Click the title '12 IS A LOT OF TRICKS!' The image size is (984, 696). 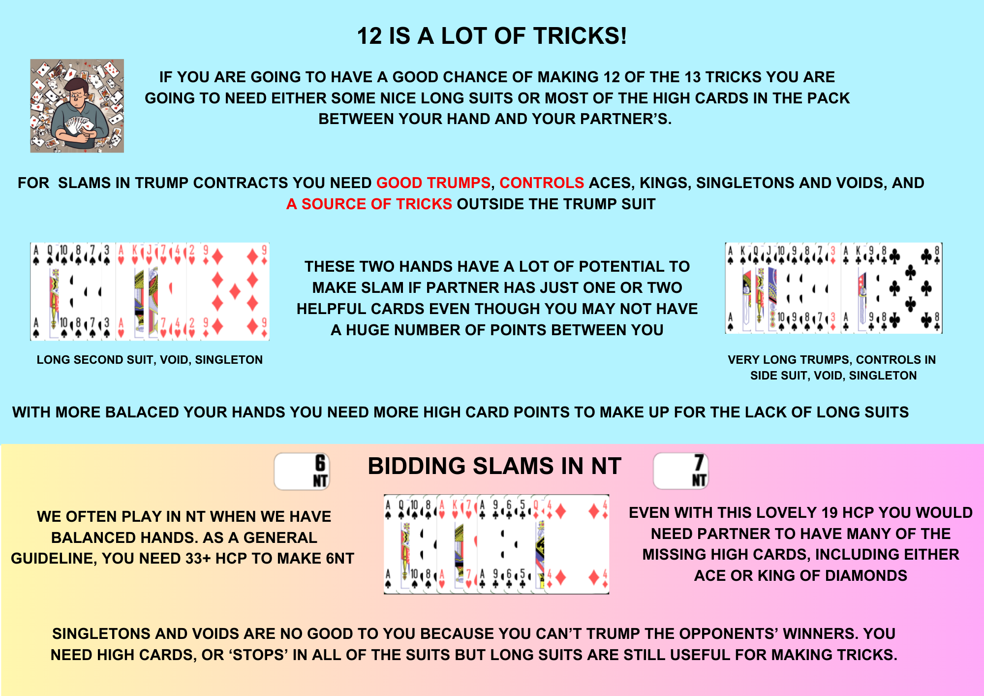pos(492,36)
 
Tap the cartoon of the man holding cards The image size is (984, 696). pos(77,106)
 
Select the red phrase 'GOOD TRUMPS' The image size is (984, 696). pos(433,183)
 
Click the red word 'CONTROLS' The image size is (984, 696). pos(542,183)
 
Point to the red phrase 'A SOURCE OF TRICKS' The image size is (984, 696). pos(369,204)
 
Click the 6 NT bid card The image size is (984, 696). pos(302,472)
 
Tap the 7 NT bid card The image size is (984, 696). pos(681,471)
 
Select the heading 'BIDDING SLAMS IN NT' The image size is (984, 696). pos(494,466)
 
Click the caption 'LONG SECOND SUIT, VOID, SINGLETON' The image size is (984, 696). pos(150,360)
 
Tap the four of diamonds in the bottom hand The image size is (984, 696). pos(577,544)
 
